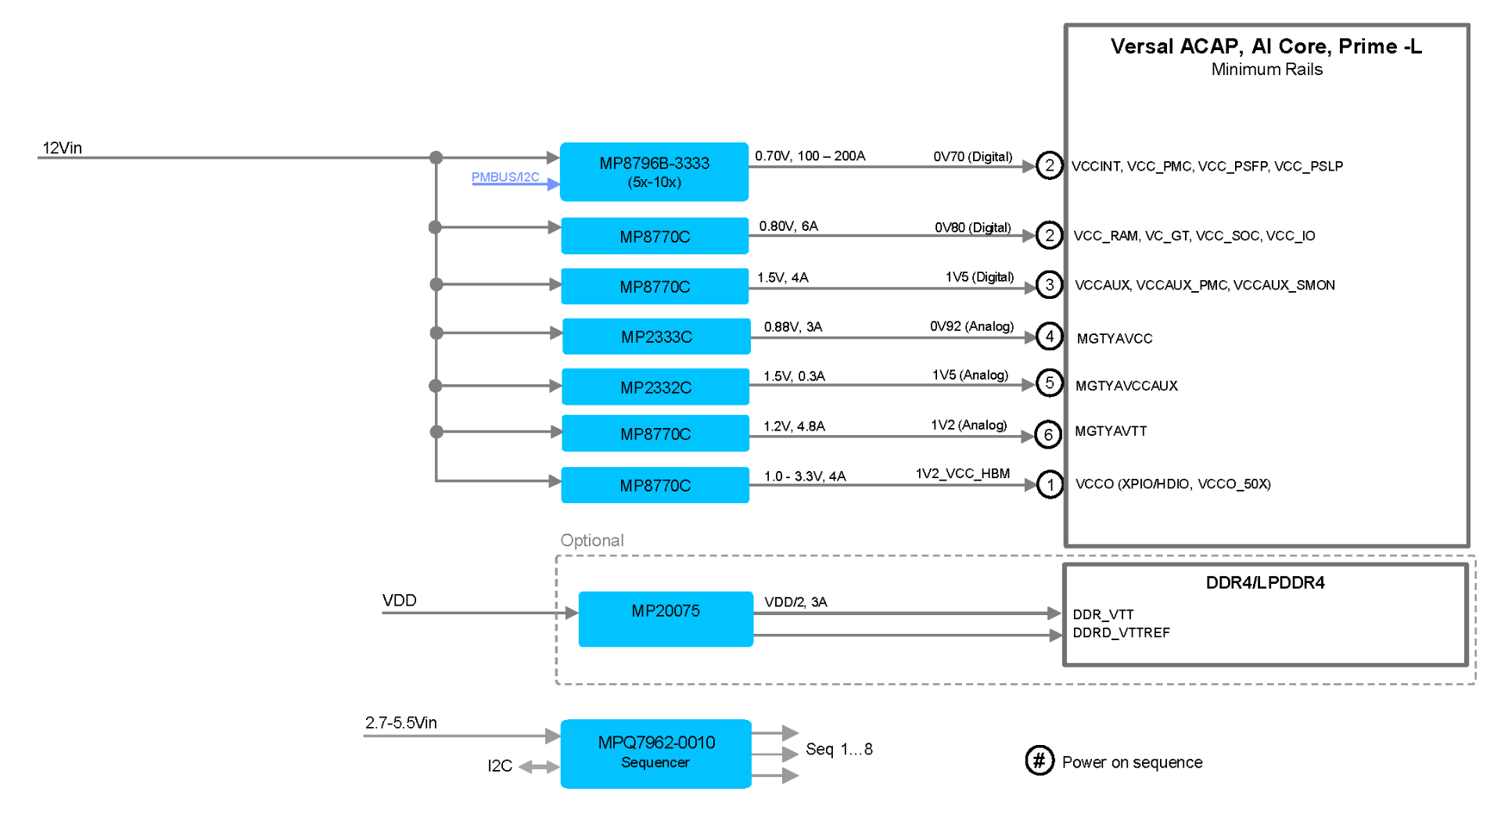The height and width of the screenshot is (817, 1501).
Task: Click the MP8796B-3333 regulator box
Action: (654, 172)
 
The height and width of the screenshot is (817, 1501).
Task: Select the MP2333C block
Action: (656, 337)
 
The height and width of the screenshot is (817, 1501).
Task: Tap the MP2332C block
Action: (655, 387)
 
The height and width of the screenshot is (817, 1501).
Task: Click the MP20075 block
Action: (666, 618)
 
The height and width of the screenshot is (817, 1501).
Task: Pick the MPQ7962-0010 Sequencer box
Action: (655, 753)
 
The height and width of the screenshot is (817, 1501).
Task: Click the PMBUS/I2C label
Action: (505, 178)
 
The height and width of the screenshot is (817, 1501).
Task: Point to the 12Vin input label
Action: (62, 148)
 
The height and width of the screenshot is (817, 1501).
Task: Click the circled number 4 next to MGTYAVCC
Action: (1049, 337)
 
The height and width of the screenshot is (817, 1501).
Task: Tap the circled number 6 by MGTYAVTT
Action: (1048, 434)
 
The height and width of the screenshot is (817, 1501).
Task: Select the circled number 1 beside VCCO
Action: (1050, 484)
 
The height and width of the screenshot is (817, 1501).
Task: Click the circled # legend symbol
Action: (1039, 760)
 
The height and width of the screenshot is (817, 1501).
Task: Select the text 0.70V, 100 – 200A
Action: (810, 156)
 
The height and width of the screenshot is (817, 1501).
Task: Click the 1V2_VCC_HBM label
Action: (962, 473)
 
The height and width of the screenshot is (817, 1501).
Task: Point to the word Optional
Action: (591, 540)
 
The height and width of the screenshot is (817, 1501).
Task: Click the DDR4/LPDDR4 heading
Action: (1265, 582)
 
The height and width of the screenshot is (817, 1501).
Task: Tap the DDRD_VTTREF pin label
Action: (1121, 632)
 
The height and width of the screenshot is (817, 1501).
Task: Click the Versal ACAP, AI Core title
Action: (1266, 46)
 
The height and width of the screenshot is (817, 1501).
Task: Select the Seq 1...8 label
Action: (838, 749)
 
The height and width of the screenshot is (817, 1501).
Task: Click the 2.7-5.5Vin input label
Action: (400, 722)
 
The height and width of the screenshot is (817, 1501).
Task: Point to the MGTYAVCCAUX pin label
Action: (1126, 386)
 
